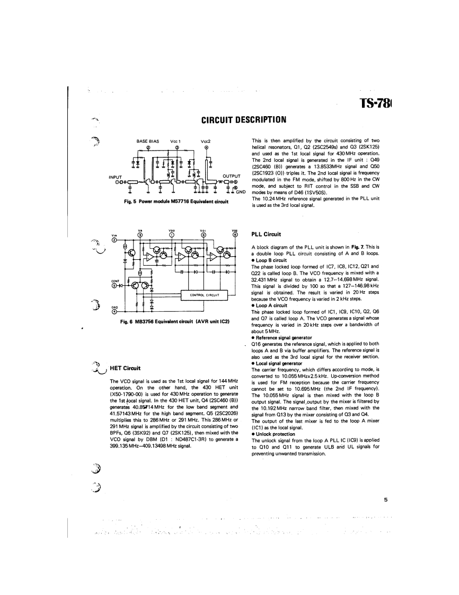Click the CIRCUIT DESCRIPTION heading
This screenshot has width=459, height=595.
point(244,119)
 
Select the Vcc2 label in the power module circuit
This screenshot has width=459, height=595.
point(206,141)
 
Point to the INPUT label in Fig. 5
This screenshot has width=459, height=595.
point(116,177)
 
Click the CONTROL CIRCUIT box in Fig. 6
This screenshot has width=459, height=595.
point(204,294)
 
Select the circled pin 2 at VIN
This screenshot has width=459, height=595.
point(114,240)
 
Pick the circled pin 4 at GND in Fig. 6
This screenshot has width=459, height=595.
point(114,311)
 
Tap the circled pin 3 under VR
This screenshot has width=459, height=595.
point(140,235)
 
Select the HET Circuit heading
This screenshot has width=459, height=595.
point(125,369)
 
